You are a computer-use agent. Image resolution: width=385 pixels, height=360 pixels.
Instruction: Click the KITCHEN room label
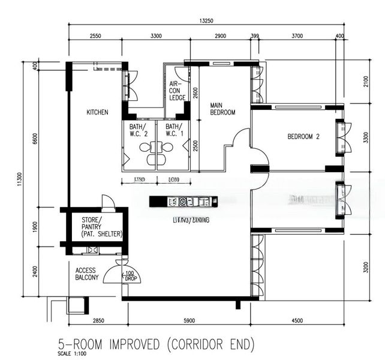tap(97, 112)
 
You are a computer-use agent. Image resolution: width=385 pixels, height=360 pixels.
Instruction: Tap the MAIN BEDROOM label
tap(222, 109)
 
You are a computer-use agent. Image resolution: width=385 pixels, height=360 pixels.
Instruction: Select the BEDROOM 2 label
tap(303, 137)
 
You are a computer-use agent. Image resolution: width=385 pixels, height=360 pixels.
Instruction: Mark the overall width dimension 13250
tap(207, 21)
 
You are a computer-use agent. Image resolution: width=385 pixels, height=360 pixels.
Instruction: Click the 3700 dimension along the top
tap(297, 36)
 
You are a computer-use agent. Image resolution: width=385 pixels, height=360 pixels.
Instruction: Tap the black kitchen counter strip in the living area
tap(184, 202)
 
